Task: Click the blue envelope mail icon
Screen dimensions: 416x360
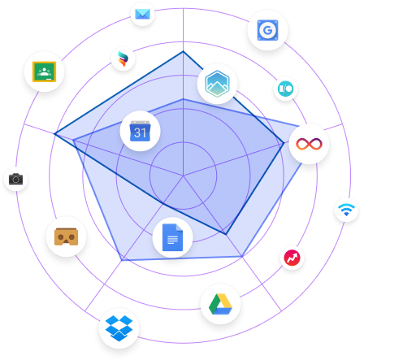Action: tap(142, 14)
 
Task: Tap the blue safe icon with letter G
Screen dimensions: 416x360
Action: tap(267, 30)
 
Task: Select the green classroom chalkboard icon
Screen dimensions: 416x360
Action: tap(44, 72)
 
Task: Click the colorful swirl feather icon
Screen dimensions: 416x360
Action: tap(123, 59)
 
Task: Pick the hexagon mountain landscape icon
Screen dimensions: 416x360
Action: tap(217, 84)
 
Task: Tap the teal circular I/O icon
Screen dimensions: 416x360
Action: tap(285, 89)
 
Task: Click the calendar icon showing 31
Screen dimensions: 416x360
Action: tap(140, 131)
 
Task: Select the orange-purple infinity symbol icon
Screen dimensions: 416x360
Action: tap(309, 144)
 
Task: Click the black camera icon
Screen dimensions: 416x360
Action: tap(15, 179)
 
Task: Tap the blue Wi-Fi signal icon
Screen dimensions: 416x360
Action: tap(346, 210)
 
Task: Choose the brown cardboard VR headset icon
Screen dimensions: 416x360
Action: tap(66, 236)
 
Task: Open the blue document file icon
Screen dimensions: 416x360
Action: tap(172, 237)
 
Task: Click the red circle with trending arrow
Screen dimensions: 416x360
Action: tap(292, 258)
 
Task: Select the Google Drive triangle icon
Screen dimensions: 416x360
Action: tap(220, 304)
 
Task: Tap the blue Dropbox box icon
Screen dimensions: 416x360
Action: tap(119, 328)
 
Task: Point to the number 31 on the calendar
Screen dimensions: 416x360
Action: tap(140, 132)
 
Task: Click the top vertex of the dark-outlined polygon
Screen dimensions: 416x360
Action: tap(183, 51)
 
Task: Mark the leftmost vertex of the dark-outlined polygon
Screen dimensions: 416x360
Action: tap(54, 133)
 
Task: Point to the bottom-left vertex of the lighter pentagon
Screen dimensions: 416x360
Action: tap(122, 261)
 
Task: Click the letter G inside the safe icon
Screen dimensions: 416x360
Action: tap(267, 30)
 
